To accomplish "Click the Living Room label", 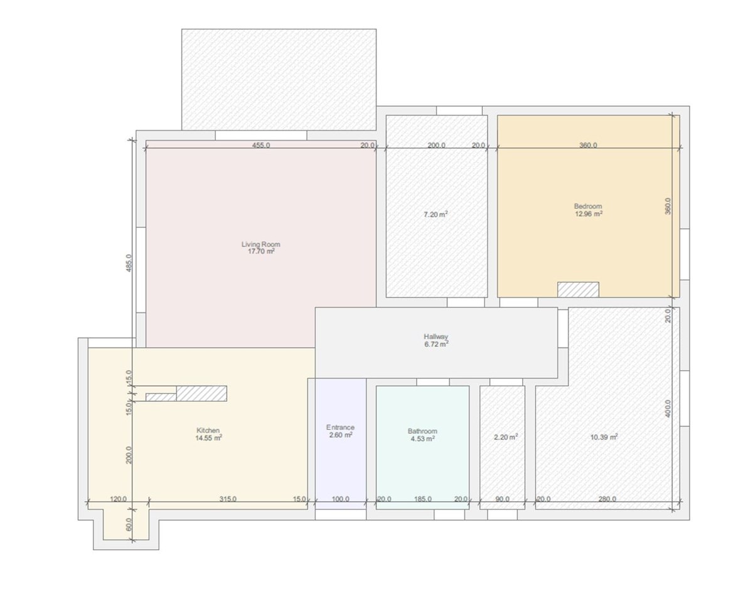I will coord(261,244).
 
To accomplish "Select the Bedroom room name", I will coord(588,206).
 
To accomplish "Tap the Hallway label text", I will coord(435,337).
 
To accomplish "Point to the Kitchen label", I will coord(208,430).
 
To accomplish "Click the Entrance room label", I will coord(340,427).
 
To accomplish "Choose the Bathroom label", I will coord(422,431).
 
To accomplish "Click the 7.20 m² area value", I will coord(435,215).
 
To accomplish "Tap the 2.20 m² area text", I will coord(506,437).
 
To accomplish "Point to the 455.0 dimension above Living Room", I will coord(261,145).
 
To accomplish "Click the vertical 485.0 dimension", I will coord(129,263).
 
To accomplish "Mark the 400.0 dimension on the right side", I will coord(668,408).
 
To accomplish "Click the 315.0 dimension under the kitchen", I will coord(228,499).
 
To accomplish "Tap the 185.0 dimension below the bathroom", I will coord(422,499).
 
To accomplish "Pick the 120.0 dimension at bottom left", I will coord(118,499).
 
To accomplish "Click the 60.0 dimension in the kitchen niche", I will coord(129,524).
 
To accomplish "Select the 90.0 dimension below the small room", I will coord(502,499).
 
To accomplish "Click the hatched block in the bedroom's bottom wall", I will coord(578,289).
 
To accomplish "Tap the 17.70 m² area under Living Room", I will coord(261,252).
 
